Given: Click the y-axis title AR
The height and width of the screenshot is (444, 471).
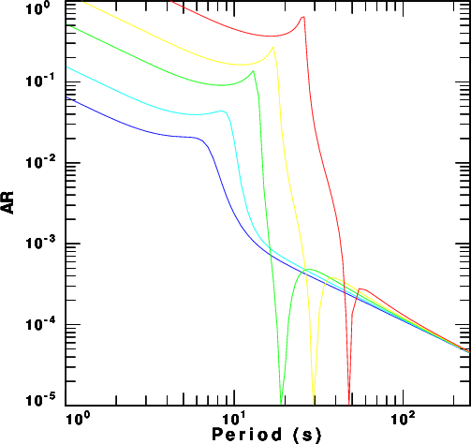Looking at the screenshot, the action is click(7, 202).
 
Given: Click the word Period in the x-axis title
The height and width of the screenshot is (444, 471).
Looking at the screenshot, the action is click(247, 435).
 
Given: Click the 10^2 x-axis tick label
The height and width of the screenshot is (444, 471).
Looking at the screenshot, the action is click(404, 419).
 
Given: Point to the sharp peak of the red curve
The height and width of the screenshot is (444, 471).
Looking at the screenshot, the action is click(302, 17).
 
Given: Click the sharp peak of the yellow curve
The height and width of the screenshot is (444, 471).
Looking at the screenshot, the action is click(273, 47).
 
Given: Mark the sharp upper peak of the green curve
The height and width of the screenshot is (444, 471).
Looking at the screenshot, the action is click(253, 71).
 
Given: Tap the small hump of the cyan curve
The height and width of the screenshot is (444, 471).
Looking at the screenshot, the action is click(222, 111).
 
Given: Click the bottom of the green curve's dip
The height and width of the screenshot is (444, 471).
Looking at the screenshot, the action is click(281, 404).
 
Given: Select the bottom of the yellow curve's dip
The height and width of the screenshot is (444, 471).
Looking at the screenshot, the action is click(314, 404).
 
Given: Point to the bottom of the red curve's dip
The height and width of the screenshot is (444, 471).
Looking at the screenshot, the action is click(349, 404).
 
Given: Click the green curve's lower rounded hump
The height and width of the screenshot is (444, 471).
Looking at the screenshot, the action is click(309, 269).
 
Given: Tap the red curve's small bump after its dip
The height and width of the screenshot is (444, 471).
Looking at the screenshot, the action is click(361, 289).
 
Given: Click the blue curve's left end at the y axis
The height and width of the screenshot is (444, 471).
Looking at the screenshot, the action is click(66, 97).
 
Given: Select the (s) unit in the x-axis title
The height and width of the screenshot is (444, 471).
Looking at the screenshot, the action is click(307, 435).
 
